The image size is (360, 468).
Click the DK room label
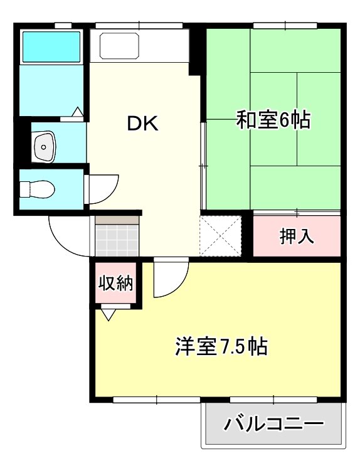143,124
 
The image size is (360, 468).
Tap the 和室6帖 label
273,120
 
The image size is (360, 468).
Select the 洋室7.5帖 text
221,346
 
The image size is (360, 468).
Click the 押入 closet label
297,237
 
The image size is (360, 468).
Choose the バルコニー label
273,424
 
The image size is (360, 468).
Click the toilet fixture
37,189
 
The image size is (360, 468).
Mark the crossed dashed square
220,235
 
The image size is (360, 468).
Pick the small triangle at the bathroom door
78,112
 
